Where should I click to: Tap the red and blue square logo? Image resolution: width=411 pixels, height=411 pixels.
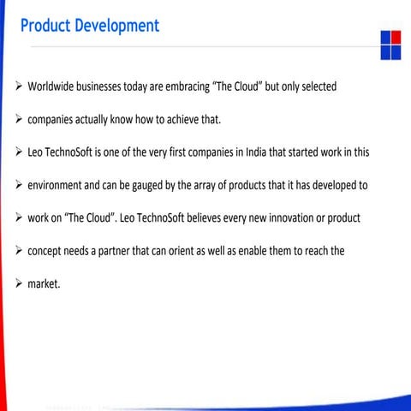coord(390,45)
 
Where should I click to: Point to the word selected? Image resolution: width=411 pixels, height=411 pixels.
coord(314,87)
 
